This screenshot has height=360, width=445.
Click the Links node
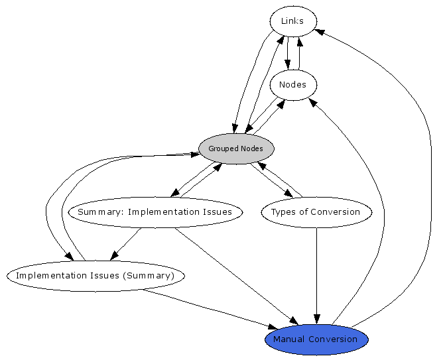coord(292,21)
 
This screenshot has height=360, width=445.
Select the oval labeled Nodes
coord(292,85)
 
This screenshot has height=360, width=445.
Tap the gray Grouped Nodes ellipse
coord(236,149)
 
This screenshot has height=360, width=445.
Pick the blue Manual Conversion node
coord(316,339)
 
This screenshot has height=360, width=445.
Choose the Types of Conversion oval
coord(316,212)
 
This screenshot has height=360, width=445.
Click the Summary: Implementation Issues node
coord(155,212)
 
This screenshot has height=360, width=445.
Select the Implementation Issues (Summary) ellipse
coord(95,275)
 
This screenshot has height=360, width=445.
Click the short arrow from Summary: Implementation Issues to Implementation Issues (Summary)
coord(126,243)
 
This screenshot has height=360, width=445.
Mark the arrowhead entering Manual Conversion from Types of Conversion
coord(316,318)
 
